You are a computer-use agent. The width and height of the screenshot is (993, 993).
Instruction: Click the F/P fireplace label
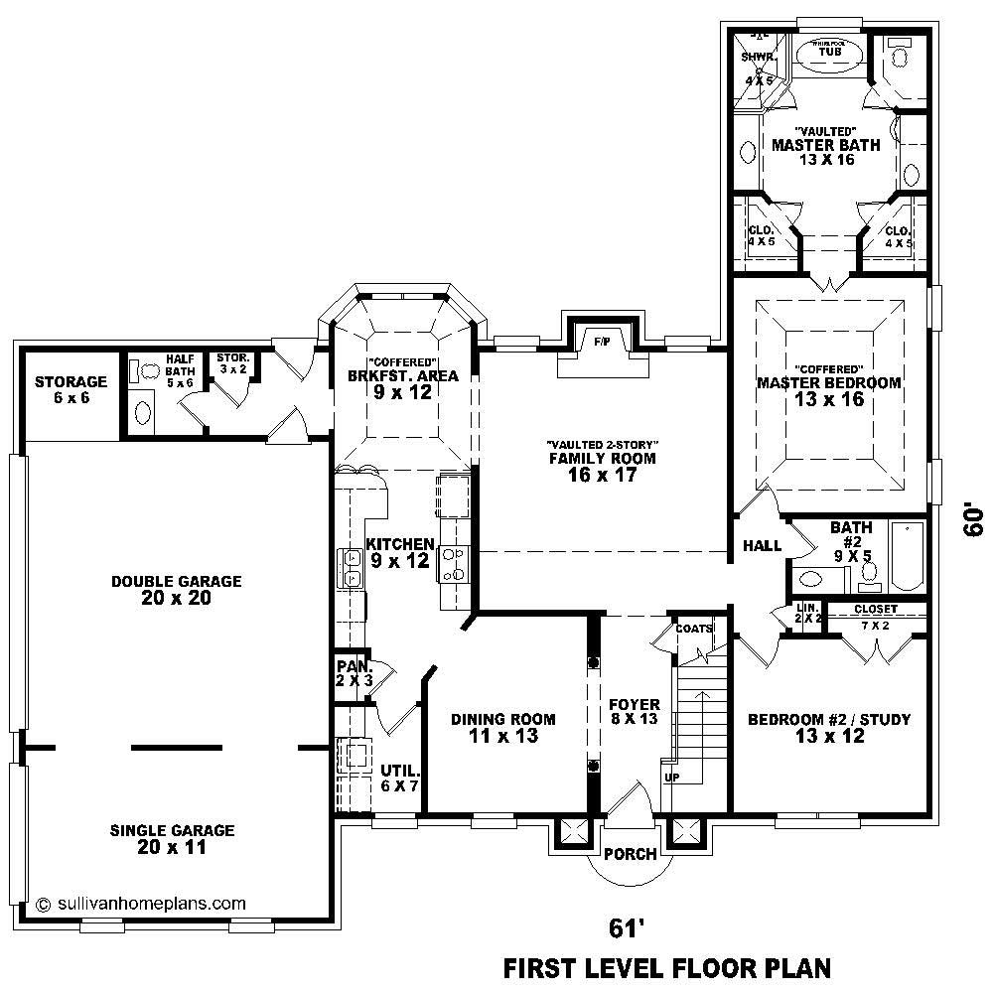pos(602,341)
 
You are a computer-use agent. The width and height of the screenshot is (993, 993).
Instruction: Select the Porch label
pos(630,854)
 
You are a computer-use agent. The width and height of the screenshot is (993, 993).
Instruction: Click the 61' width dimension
pos(622,927)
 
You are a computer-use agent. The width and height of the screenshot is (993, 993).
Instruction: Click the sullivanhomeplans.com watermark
pos(140,904)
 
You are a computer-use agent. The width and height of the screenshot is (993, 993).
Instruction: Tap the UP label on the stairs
pos(671,777)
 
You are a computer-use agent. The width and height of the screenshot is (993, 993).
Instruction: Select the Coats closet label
pos(693,628)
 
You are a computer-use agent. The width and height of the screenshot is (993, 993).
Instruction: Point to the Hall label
pos(762,545)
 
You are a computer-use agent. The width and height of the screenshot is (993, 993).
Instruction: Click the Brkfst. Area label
pos(402,376)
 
